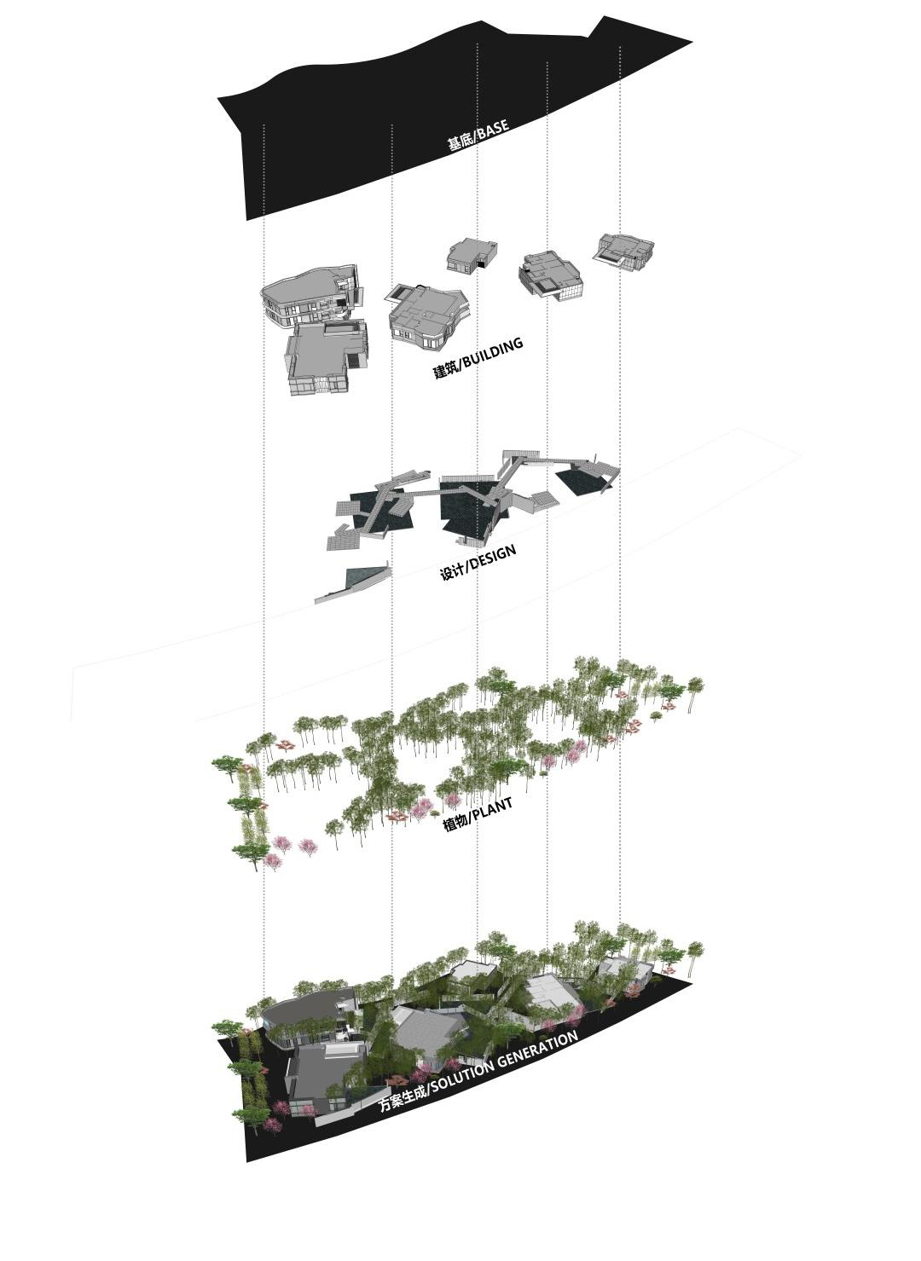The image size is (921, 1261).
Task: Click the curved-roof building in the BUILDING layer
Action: point(311,297)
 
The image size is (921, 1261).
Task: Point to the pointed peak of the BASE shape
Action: point(604,17)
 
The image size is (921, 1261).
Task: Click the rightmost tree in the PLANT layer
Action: point(697,690)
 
